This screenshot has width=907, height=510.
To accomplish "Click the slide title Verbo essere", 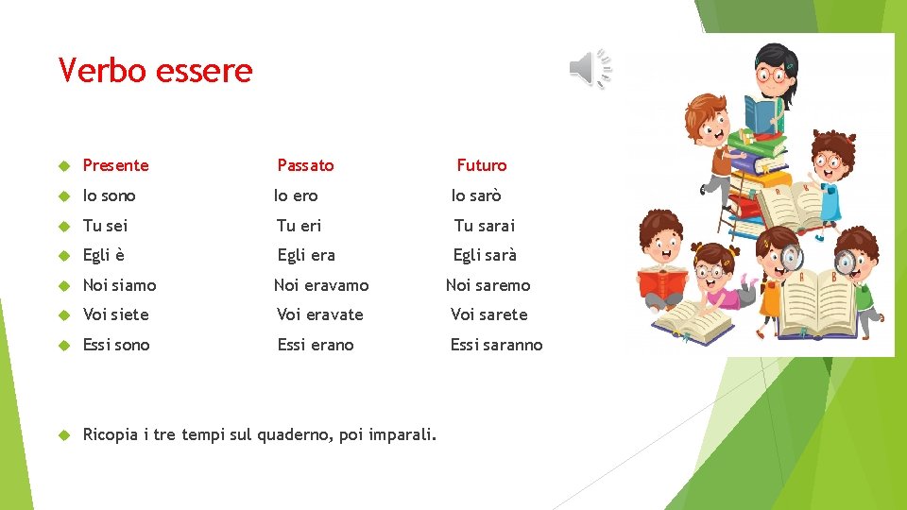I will [x=155, y=71].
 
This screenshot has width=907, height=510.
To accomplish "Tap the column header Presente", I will [x=115, y=165].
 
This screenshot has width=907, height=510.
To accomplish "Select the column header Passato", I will [x=305, y=165].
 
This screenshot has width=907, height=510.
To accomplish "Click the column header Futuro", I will [x=481, y=165].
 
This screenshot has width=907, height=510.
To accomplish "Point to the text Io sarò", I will [x=476, y=195].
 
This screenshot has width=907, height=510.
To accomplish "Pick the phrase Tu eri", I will [x=299, y=226].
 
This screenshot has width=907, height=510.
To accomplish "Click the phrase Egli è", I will [x=104, y=255].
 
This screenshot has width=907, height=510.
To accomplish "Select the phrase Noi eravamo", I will [x=321, y=285].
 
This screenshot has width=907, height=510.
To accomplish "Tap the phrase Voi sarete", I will [x=488, y=314].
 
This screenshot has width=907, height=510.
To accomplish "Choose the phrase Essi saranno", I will [x=496, y=345].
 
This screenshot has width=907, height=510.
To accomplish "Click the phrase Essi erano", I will [x=315, y=345].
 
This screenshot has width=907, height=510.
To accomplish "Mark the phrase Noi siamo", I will [x=119, y=285].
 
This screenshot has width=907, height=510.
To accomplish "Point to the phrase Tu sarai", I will [x=485, y=226].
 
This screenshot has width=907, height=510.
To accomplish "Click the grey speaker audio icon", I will [x=590, y=69].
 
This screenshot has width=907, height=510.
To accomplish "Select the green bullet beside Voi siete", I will [x=64, y=314].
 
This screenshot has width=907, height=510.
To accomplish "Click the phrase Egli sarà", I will [x=485, y=255].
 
